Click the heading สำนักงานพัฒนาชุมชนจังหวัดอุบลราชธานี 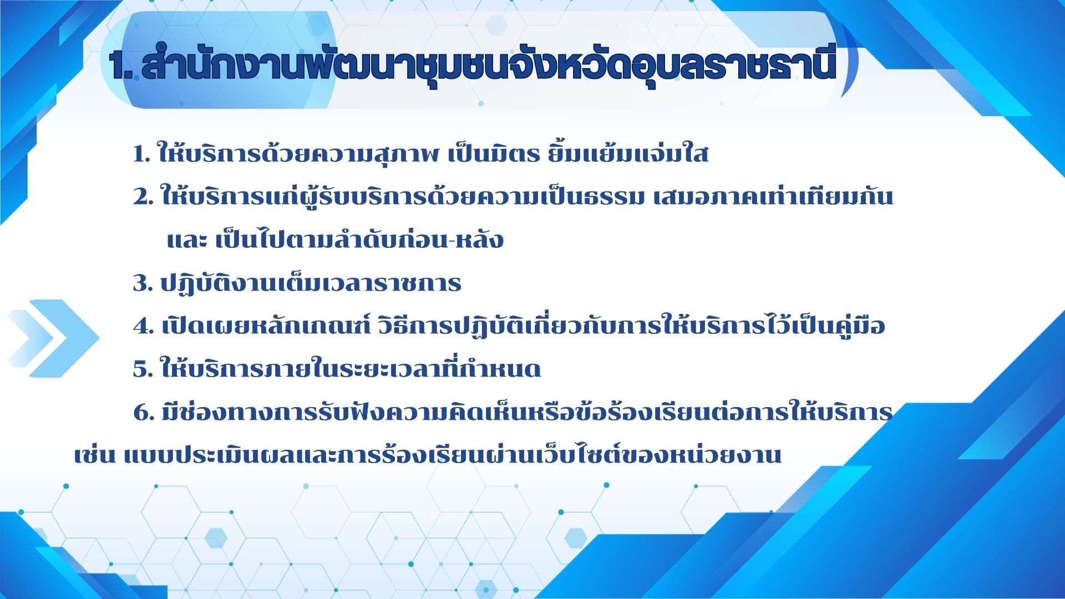tap(489, 64)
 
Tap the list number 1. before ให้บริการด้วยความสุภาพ tap(142, 154)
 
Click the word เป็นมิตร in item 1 tap(493, 154)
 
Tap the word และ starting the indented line tap(187, 240)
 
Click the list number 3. tap(143, 283)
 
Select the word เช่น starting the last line tap(94, 454)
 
